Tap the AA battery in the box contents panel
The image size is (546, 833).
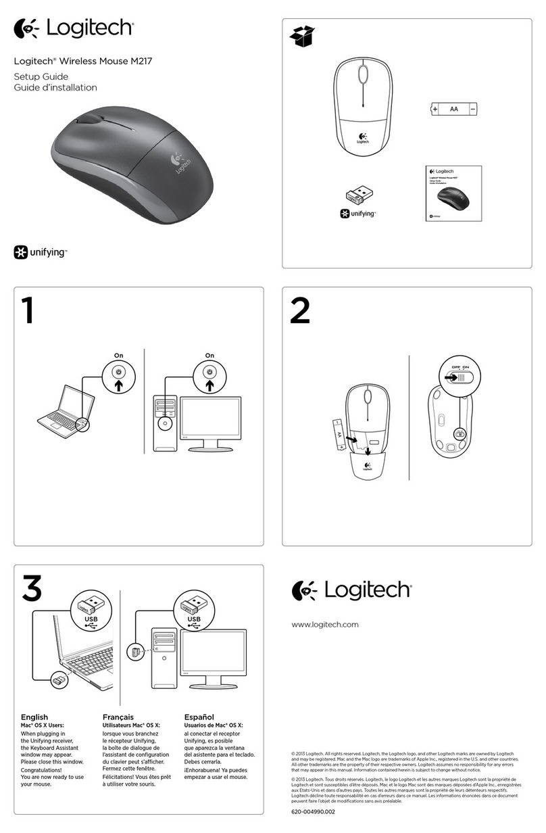[x=454, y=108]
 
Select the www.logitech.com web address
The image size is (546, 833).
[x=324, y=624]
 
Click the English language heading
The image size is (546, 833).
[x=34, y=717]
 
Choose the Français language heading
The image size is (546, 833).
[x=118, y=717]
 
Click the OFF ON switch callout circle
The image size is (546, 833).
[x=455, y=376]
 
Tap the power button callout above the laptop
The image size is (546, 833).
[x=119, y=376]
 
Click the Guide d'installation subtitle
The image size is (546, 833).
[x=55, y=87]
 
